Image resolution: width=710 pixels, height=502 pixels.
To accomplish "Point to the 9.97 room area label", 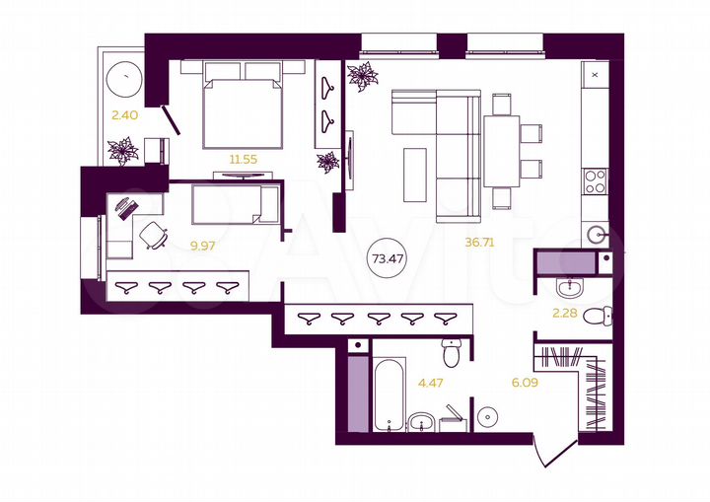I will (x=203, y=246).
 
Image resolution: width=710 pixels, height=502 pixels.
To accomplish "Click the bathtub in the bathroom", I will (x=389, y=394).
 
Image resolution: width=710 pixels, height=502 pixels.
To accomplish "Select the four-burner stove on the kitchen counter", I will (x=596, y=180).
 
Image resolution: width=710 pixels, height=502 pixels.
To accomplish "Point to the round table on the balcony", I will (x=125, y=76).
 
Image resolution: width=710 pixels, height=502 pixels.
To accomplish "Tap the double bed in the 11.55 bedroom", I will (x=243, y=107).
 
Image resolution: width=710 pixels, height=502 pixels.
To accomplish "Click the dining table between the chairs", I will (x=501, y=151).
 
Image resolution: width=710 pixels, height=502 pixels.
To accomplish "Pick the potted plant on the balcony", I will (x=124, y=150).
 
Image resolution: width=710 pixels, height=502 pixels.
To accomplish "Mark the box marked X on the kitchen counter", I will (x=596, y=73).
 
